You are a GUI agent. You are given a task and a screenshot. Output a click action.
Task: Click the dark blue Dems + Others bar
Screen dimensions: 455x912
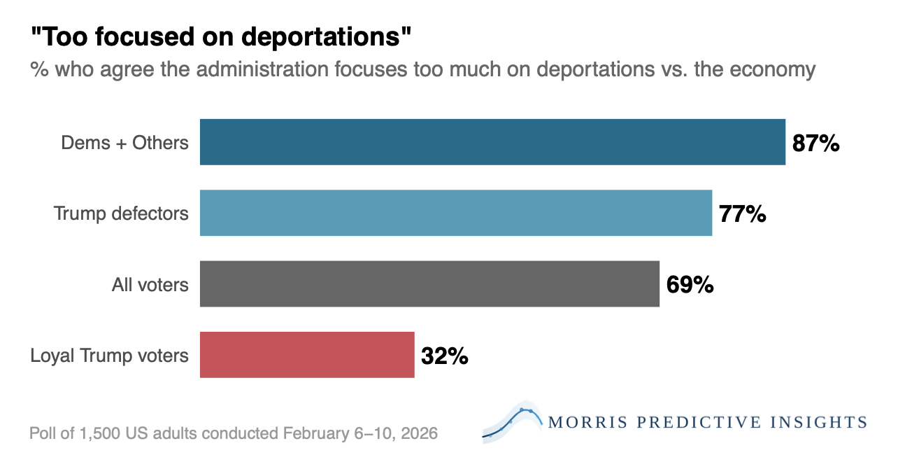492,142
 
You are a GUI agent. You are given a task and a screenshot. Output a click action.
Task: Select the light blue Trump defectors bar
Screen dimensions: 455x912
456,213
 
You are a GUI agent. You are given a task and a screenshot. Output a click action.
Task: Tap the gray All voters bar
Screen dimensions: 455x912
429,283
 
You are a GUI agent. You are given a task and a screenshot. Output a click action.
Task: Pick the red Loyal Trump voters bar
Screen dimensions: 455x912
307,354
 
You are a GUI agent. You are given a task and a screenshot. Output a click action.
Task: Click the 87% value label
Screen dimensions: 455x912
815,143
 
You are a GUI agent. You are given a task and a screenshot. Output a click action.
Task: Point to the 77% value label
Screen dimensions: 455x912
742,214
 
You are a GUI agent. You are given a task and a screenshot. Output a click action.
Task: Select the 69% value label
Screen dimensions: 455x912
690,285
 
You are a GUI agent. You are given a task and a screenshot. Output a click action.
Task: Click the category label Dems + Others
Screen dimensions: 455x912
125,143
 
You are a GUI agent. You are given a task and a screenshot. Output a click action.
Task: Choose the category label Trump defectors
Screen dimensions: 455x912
122,213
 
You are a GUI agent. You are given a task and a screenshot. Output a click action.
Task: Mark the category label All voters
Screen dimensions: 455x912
150,284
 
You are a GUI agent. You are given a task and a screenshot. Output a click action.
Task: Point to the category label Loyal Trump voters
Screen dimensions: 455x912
110,356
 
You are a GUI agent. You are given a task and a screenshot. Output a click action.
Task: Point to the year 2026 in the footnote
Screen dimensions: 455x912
420,433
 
